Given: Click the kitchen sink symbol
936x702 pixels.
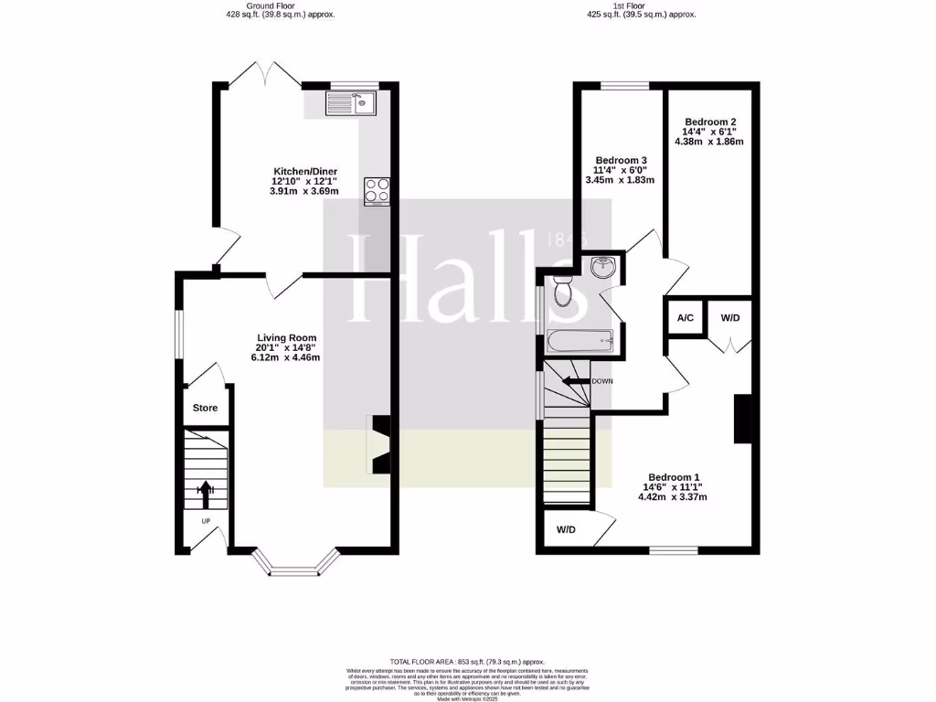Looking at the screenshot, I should pyautogui.click(x=349, y=104).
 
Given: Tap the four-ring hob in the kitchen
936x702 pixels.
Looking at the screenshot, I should pyautogui.click(x=376, y=190).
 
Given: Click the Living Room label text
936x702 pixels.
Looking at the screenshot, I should pyautogui.click(x=285, y=337).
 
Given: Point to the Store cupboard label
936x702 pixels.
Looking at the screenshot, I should pyautogui.click(x=205, y=408).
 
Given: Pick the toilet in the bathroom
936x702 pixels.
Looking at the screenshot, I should pyautogui.click(x=562, y=291).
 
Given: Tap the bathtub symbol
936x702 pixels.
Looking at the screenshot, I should pyautogui.click(x=581, y=342).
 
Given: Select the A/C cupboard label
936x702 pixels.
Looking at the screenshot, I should pyautogui.click(x=685, y=319).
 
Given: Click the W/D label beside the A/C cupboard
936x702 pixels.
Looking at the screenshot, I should pyautogui.click(x=730, y=319).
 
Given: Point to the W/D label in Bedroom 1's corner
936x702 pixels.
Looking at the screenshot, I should pyautogui.click(x=566, y=530).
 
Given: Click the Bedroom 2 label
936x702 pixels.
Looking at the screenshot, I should pyautogui.click(x=710, y=122).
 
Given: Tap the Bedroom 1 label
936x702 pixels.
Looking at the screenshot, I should pyautogui.click(x=674, y=477).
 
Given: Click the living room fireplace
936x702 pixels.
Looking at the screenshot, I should pyautogui.click(x=380, y=444).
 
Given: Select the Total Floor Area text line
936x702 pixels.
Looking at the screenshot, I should pyautogui.click(x=467, y=662).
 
